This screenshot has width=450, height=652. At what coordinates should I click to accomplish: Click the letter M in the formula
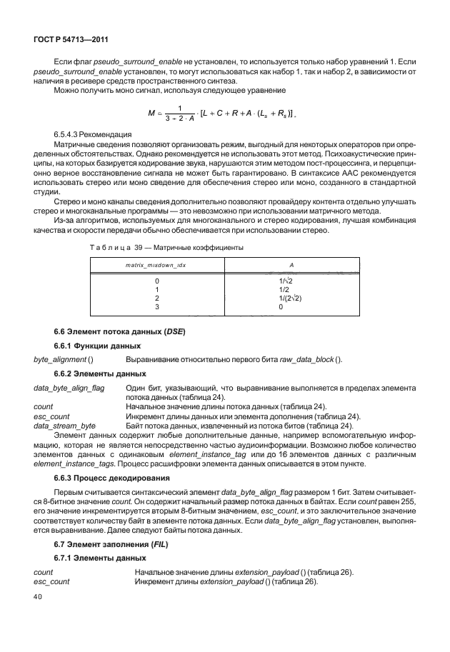tap(151, 113)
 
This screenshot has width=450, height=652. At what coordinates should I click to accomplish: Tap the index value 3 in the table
tap(156, 307)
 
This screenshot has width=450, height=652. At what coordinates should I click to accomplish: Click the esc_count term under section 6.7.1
tap(52, 581)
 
